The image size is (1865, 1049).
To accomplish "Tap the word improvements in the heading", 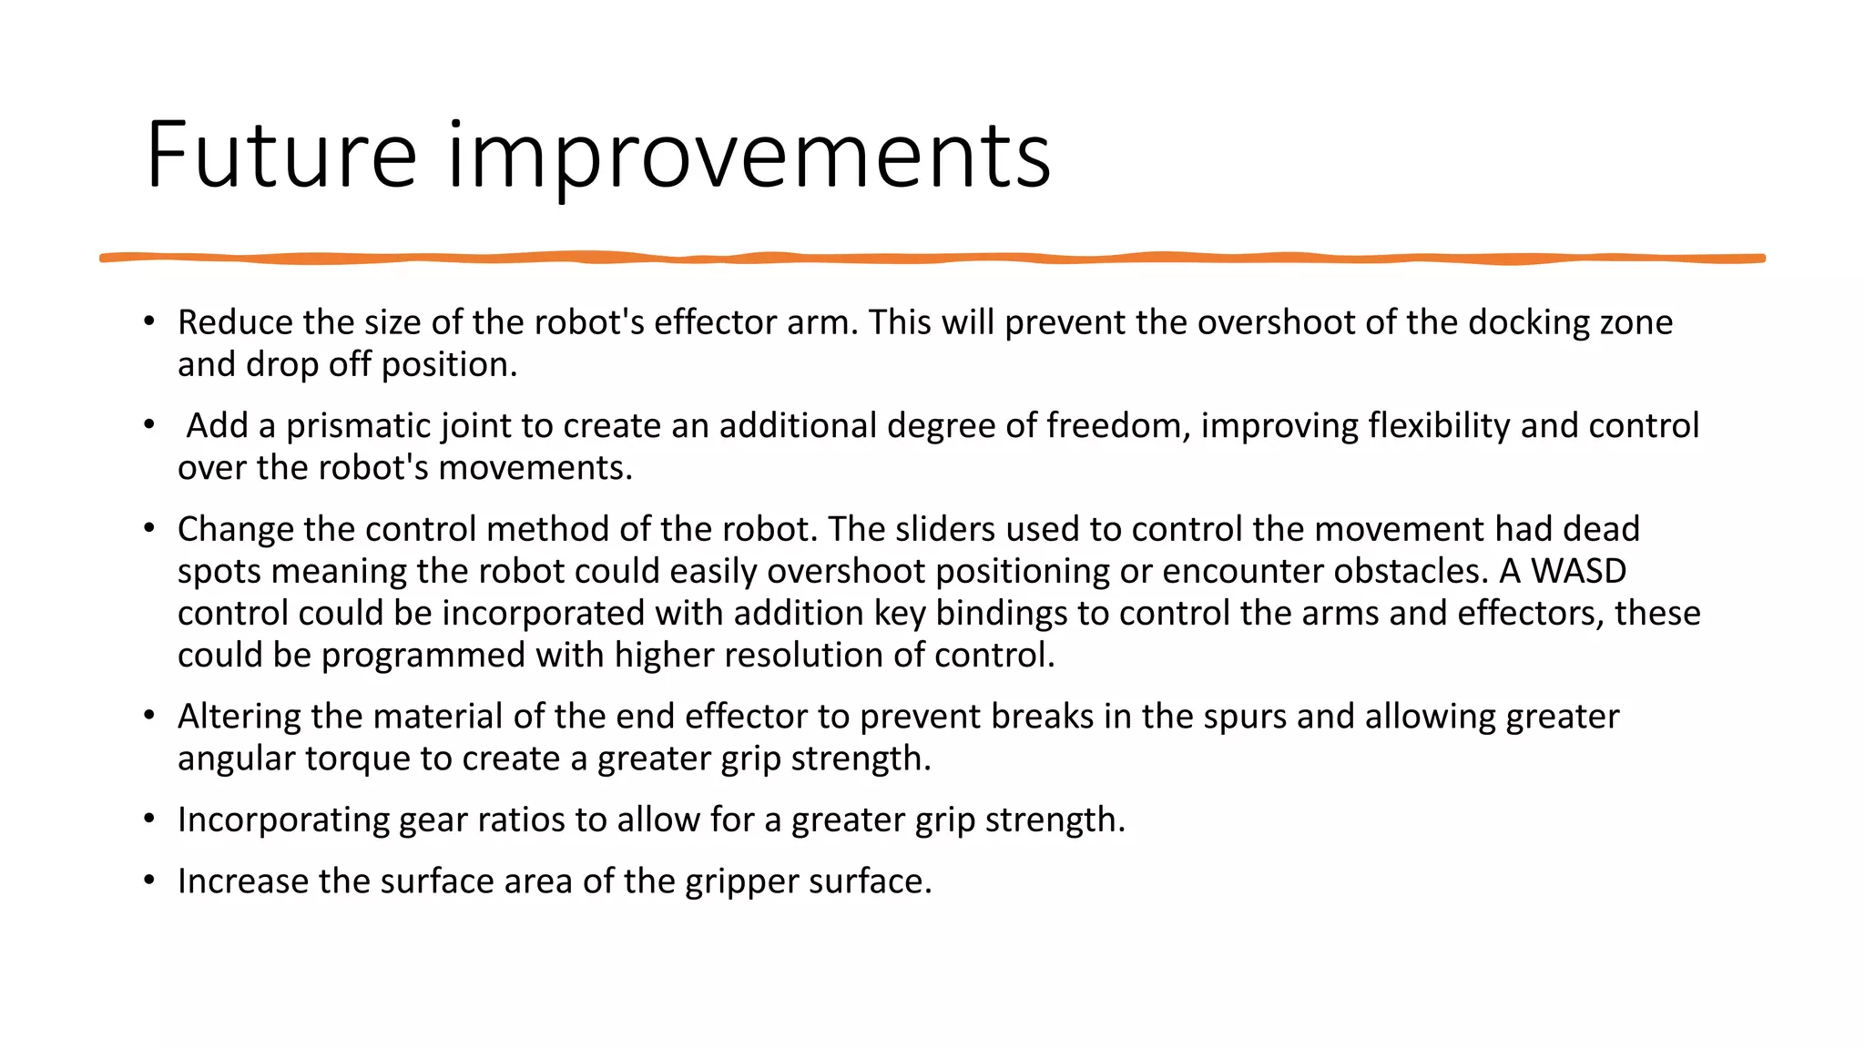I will coord(749,157).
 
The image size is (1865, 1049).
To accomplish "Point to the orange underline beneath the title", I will coord(932,259).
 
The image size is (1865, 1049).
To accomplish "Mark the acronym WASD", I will coord(1578,571).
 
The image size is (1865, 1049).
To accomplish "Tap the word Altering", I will coord(239,717).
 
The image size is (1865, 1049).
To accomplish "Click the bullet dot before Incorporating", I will coord(149,820).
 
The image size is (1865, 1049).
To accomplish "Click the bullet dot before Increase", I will coord(149,881).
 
